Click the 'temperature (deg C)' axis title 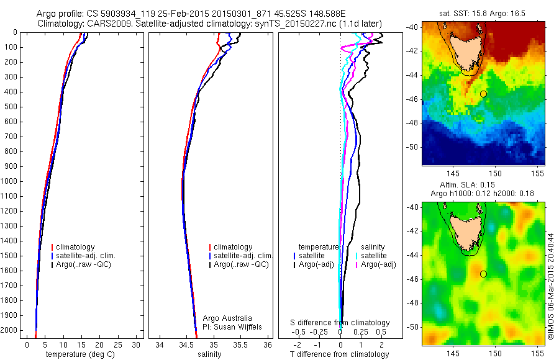[x=76, y=354]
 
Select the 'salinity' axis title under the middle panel [x=208, y=354]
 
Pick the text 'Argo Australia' [x=227, y=318]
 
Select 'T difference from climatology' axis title [x=339, y=354]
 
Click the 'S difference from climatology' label [x=340, y=323]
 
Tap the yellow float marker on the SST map [x=483, y=93]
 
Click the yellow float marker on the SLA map [x=483, y=274]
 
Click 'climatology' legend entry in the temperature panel [x=78, y=247]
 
